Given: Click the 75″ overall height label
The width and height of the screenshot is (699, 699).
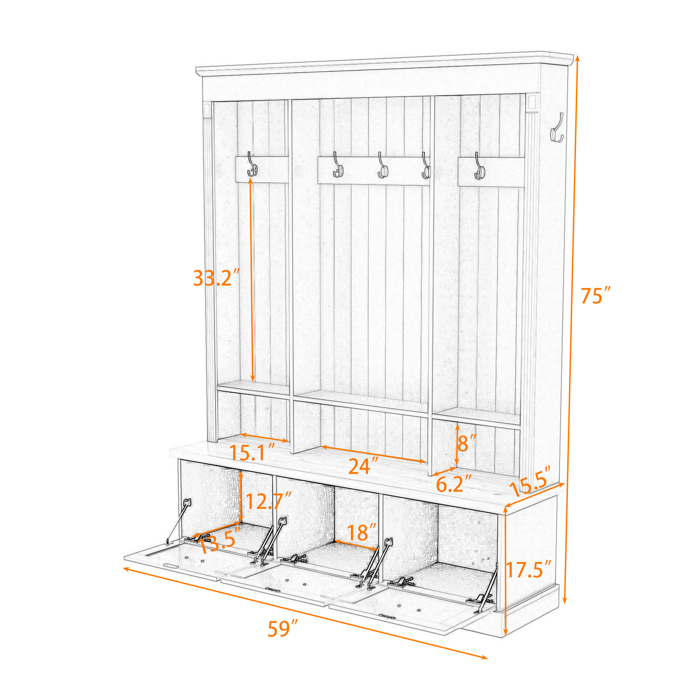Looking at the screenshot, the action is point(596,296).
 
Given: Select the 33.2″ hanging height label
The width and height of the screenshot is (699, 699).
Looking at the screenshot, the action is point(216,278).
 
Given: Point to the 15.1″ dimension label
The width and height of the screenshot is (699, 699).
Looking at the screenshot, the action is point(253,453).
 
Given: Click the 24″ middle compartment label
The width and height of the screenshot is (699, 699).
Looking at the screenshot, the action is point(363,466).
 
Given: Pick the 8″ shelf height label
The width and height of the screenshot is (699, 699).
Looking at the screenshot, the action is point(467,443).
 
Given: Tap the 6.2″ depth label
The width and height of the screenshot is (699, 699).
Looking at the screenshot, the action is point(454,484).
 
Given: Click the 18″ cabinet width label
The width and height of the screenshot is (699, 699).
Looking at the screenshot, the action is point(361,532).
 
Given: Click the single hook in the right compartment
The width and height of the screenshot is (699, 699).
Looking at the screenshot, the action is point(480,166).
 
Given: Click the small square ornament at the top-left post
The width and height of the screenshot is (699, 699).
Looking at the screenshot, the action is point(207,109).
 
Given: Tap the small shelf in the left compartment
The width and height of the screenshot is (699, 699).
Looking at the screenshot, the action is point(253,390).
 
